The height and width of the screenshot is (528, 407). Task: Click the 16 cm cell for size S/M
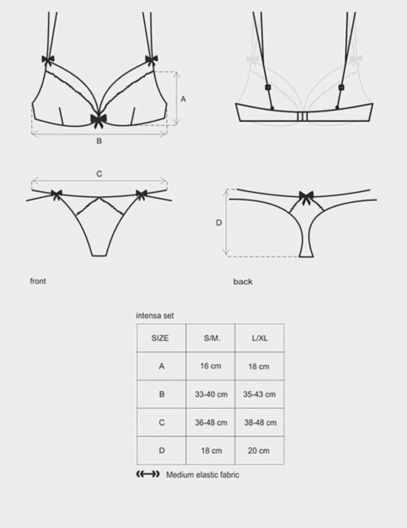pyautogui.click(x=211, y=366)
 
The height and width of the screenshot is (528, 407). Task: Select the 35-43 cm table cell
pyautogui.click(x=259, y=395)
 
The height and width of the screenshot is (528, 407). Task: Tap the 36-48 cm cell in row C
pyautogui.click(x=211, y=423)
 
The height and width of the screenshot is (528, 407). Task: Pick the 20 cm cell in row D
pyautogui.click(x=259, y=451)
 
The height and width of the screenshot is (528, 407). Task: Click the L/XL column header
pyautogui.click(x=260, y=338)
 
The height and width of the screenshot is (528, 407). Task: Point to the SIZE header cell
pyautogui.click(x=160, y=338)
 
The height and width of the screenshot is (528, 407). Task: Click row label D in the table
pyautogui.click(x=162, y=451)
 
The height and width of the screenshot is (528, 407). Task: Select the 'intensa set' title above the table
pyautogui.click(x=155, y=316)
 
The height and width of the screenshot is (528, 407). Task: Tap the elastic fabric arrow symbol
pyautogui.click(x=148, y=474)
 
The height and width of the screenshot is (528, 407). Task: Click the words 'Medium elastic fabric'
pyautogui.click(x=203, y=475)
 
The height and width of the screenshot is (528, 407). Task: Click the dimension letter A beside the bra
pyautogui.click(x=183, y=99)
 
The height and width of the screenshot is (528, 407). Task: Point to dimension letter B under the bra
pyautogui.click(x=99, y=141)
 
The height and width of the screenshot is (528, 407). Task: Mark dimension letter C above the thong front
pyautogui.click(x=99, y=174)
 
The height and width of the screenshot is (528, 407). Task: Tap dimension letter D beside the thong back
pyautogui.click(x=219, y=223)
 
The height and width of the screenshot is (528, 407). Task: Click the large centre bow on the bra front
pyautogui.click(x=99, y=120)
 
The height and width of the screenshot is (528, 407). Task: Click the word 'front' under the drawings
pyautogui.click(x=38, y=281)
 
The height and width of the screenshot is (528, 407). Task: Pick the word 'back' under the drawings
pyautogui.click(x=243, y=282)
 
